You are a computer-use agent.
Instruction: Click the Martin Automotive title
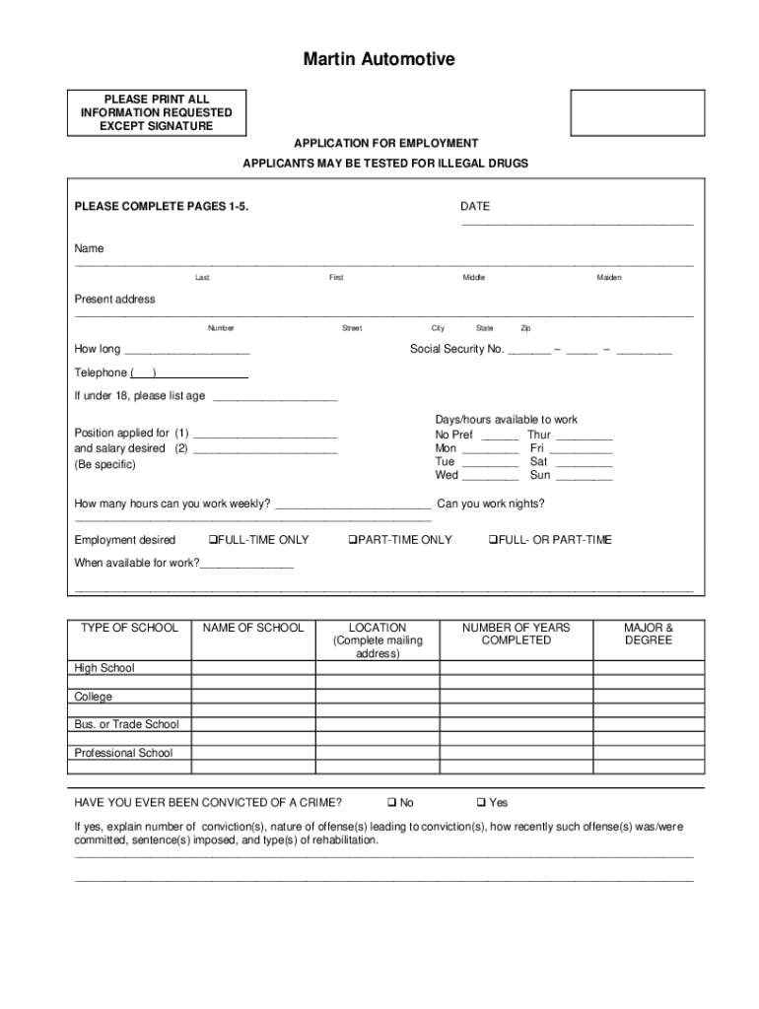379,60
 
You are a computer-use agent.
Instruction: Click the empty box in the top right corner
638,112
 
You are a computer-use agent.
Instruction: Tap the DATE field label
474,207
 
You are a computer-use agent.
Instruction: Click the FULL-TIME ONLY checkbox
212,540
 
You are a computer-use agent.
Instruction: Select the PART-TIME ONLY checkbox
351,540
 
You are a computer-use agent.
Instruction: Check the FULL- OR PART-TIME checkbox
493,540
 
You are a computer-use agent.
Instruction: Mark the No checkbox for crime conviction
391,803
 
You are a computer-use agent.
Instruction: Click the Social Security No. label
456,349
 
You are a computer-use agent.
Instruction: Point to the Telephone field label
101,372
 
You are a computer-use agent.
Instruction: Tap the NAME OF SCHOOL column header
253,628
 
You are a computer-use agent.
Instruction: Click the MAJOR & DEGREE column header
649,634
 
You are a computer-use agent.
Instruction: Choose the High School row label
104,668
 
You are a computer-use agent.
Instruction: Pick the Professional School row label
123,753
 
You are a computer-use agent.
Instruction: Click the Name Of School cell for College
253,697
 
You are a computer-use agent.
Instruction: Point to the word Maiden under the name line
608,278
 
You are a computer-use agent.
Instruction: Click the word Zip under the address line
525,328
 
